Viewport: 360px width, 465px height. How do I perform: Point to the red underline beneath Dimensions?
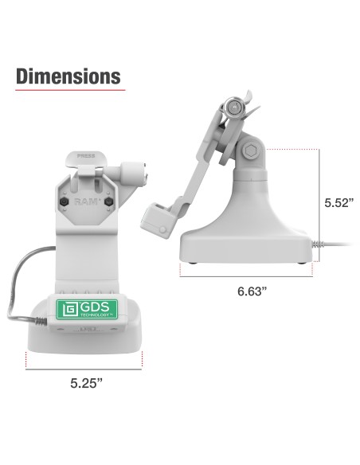[x=68, y=90]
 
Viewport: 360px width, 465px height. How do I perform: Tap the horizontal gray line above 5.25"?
[x=84, y=369]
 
